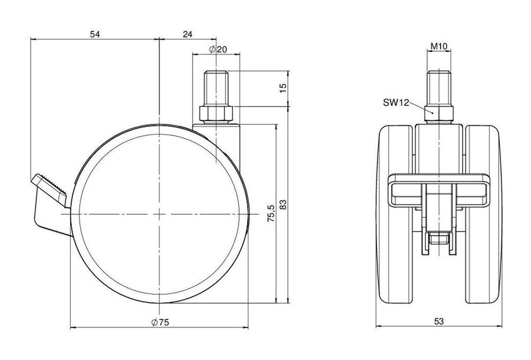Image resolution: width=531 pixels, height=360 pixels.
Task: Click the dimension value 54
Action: coord(95,34)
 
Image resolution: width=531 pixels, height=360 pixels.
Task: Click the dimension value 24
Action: coord(188,34)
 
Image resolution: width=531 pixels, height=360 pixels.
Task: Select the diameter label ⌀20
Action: coord(218,50)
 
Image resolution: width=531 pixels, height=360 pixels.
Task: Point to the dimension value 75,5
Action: coord(271,214)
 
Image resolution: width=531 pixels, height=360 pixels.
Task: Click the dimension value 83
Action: coord(283,204)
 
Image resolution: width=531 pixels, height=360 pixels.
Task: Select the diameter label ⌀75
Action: coord(160,322)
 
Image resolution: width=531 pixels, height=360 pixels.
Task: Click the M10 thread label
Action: coord(439,46)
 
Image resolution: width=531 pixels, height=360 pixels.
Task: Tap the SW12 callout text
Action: coord(396,102)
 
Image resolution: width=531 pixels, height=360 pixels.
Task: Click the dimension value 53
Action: coord(439,321)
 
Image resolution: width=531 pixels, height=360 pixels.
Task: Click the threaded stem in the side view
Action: coord(216,88)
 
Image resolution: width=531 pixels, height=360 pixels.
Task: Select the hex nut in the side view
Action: coord(216,114)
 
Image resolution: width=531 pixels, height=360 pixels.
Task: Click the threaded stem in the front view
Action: coord(439,88)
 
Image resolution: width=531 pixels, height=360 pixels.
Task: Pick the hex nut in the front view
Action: coord(439,114)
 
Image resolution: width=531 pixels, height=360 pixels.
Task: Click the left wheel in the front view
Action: coord(395,214)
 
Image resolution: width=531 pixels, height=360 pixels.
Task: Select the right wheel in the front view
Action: coord(483,214)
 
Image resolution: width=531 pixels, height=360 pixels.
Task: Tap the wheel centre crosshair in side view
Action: coord(159,214)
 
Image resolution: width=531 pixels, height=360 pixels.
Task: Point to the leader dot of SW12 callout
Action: coord(432,112)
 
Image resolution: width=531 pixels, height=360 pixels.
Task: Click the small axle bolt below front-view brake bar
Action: coord(439,238)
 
